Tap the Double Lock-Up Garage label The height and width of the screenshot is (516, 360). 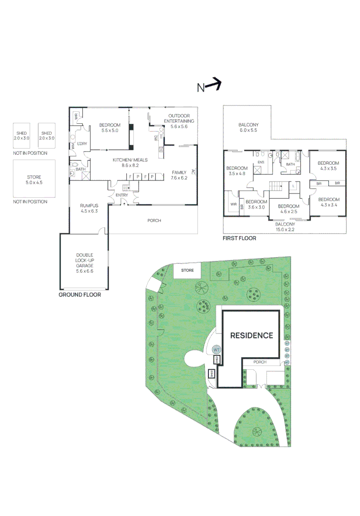click(84, 263)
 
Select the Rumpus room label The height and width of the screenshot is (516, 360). click(89, 208)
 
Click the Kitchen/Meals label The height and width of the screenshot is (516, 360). click(130, 162)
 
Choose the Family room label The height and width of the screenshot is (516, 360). click(179, 175)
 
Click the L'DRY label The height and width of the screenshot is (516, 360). click(82, 144)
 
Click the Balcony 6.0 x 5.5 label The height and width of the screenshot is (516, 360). click(248, 128)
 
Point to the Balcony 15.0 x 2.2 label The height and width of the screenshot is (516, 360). click(285, 226)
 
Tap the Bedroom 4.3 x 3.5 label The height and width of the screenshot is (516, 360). click(328, 165)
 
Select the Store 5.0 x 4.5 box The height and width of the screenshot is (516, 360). click(34, 179)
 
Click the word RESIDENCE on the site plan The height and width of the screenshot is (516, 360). click(251, 335)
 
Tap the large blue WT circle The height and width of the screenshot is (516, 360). click(216, 349)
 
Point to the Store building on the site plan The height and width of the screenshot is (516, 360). click(188, 270)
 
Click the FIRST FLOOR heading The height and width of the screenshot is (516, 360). click(240, 238)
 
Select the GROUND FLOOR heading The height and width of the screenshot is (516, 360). click(80, 295)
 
